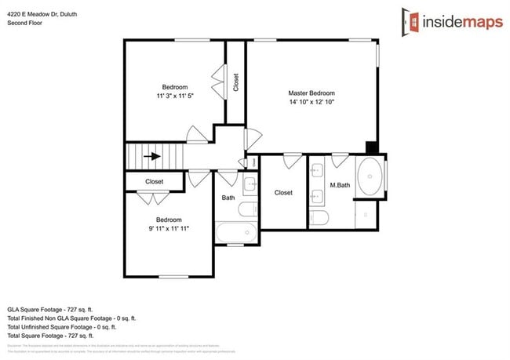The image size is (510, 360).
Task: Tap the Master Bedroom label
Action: pyautogui.click(x=311, y=93)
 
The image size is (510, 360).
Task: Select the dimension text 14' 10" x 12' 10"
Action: pyautogui.click(x=311, y=102)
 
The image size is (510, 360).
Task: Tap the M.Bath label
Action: pyautogui.click(x=339, y=186)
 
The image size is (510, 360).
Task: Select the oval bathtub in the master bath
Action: pyautogui.click(x=370, y=177)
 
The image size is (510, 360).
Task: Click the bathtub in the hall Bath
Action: pyautogui.click(x=236, y=233)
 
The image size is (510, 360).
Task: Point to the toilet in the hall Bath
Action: pyautogui.click(x=248, y=209)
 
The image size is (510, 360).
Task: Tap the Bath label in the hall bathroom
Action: pyautogui.click(x=228, y=198)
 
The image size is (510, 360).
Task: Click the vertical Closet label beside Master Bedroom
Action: pyautogui.click(x=236, y=83)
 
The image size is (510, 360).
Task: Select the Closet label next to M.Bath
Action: pyautogui.click(x=283, y=192)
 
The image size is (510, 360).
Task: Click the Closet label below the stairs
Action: pyautogui.click(x=155, y=182)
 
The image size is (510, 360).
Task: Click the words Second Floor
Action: pyautogui.click(x=26, y=23)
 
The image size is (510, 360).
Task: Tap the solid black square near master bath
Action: pyautogui.click(x=372, y=147)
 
